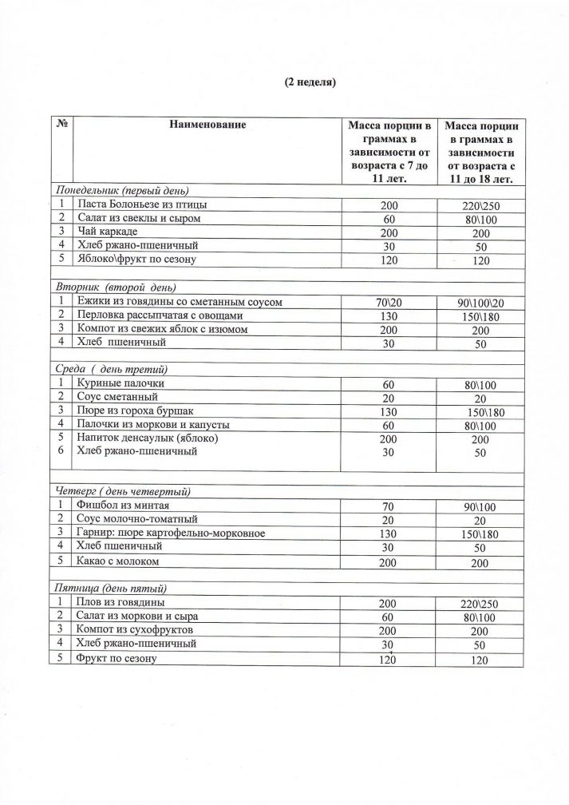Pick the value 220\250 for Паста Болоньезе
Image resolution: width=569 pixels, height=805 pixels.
pos(482,205)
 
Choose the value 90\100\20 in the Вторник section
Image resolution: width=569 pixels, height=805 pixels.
pos(482,301)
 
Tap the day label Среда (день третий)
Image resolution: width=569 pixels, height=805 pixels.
pos(110,369)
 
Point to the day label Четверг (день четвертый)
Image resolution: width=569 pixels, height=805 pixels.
pos(122,490)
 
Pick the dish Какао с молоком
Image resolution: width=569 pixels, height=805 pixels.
pos(115,561)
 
